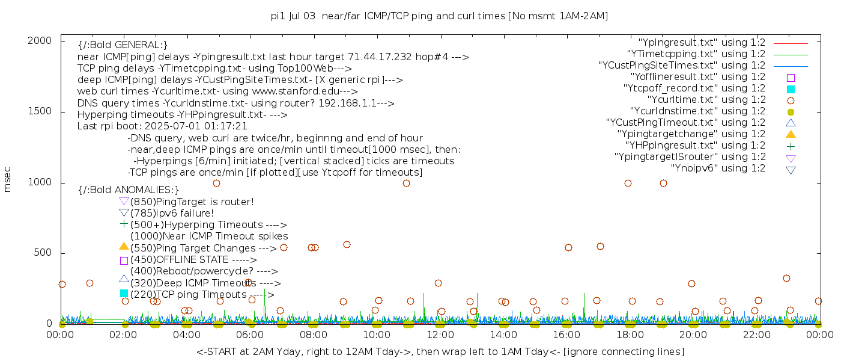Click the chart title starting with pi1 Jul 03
439,16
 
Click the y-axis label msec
8,180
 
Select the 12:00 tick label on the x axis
440,335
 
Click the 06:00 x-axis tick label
250,335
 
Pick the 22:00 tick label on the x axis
756,335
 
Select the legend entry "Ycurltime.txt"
706,100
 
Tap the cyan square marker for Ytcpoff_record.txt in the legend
791,89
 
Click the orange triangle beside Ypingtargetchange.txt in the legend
791,134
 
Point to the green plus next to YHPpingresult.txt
791,146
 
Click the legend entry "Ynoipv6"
718,168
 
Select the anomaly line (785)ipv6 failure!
172,214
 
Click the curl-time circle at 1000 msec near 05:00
216,183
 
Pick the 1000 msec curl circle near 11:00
406,183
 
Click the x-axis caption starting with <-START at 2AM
439,351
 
